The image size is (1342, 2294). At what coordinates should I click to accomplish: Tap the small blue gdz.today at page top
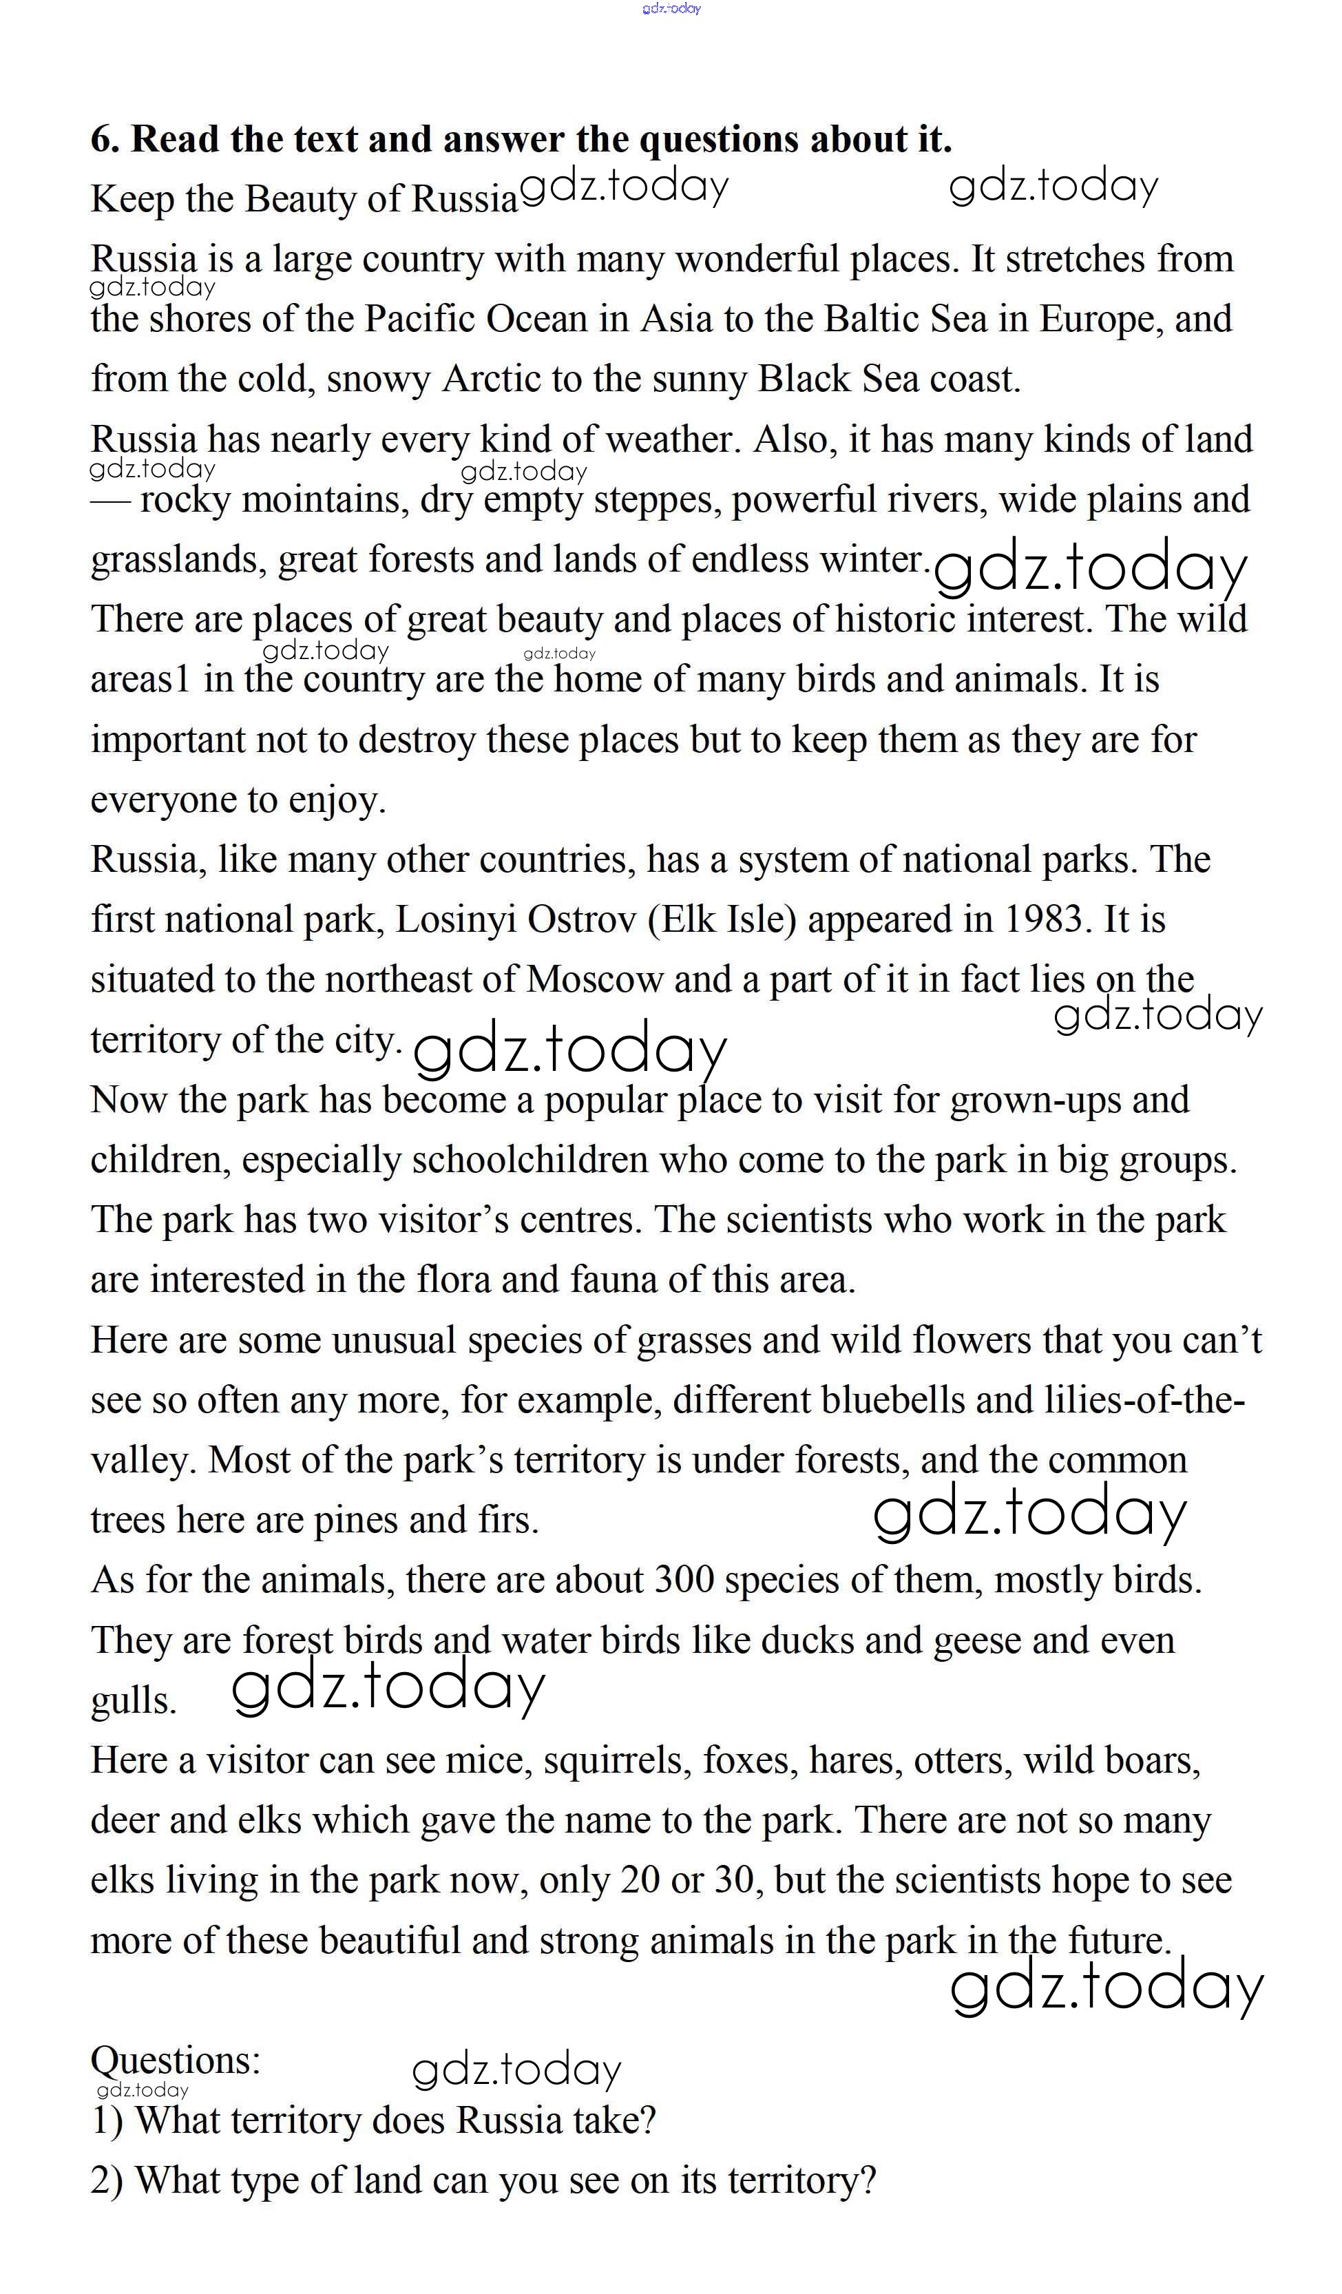point(671,8)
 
